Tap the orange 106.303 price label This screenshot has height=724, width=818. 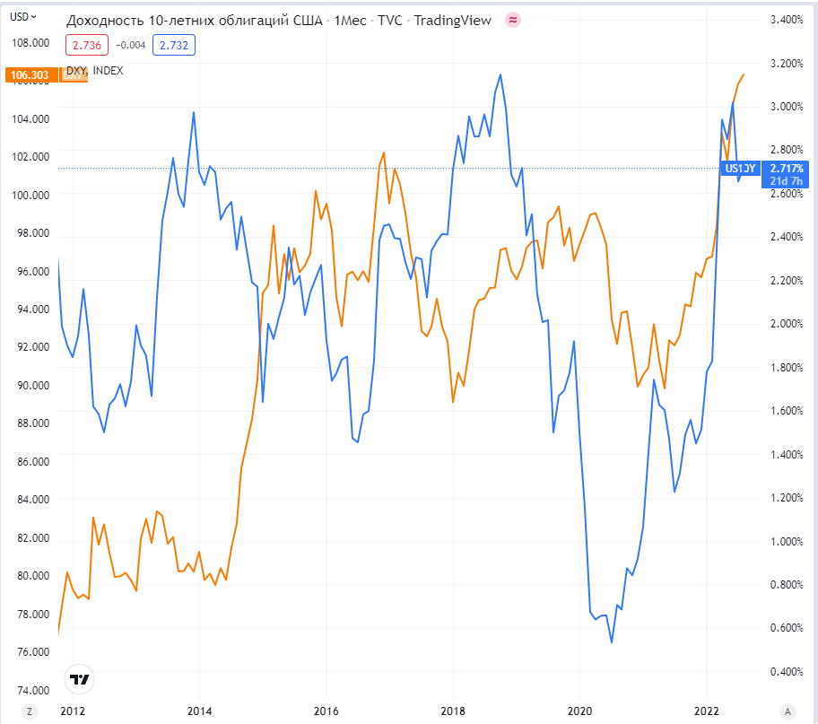click(x=30, y=75)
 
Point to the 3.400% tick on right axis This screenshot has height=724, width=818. click(x=786, y=20)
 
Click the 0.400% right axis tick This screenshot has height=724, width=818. click(x=786, y=671)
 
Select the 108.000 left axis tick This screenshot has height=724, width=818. click(x=30, y=42)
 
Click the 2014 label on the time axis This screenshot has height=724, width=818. click(x=199, y=711)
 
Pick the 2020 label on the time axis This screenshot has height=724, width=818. click(x=579, y=711)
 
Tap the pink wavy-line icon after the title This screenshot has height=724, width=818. click(x=513, y=20)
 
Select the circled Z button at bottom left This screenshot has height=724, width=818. click(x=30, y=711)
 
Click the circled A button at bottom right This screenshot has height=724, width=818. click(x=788, y=711)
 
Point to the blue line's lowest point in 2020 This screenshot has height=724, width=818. click(x=612, y=642)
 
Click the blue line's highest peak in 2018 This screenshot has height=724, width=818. click(x=500, y=74)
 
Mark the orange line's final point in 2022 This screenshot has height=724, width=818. click(x=744, y=74)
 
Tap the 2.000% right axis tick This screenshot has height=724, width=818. click(x=786, y=324)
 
